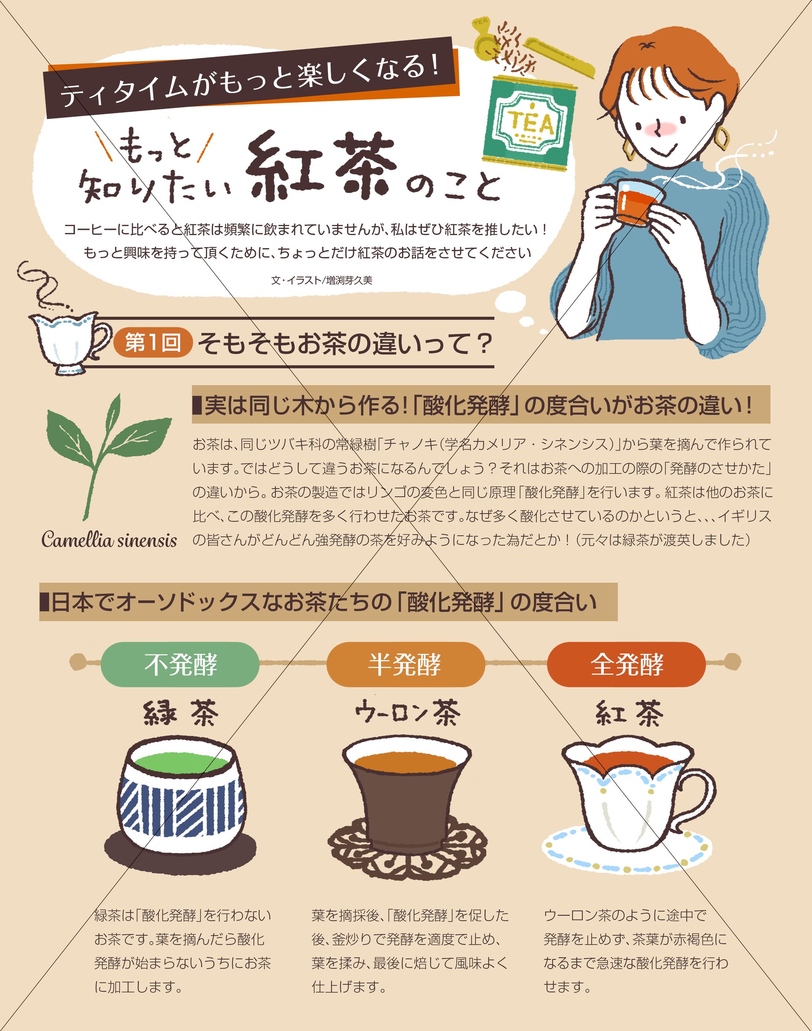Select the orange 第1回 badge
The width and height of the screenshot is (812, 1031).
pyautogui.click(x=153, y=343)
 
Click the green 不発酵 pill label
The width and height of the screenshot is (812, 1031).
pyautogui.click(x=180, y=664)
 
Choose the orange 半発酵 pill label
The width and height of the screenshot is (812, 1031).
pyautogui.click(x=405, y=664)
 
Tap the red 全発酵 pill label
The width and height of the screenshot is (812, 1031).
pyautogui.click(x=626, y=664)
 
